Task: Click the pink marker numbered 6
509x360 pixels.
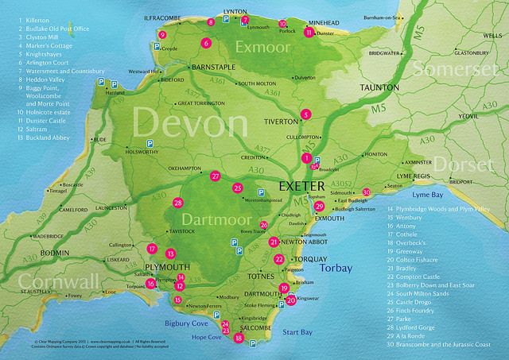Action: click(206, 43)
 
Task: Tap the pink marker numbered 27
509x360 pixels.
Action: click(216, 176)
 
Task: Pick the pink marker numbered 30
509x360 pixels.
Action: click(366, 192)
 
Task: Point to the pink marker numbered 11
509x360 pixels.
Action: click(308, 33)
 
